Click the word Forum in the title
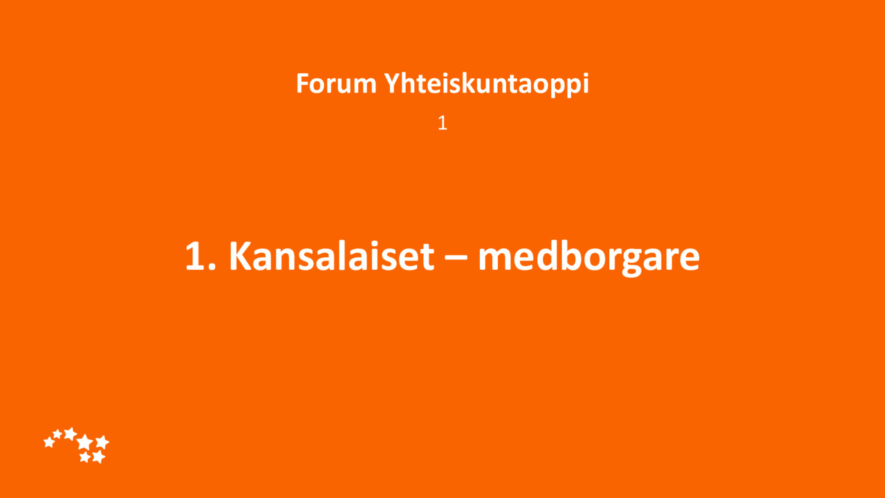click(336, 84)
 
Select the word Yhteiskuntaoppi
click(486, 84)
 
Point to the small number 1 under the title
click(442, 123)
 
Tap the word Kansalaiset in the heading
click(331, 256)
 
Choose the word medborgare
click(588, 259)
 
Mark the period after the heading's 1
click(212, 267)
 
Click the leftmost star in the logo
click(49, 442)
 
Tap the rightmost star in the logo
click(102, 442)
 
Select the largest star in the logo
click(84, 442)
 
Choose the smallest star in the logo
click(57, 434)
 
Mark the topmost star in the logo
click(71, 434)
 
